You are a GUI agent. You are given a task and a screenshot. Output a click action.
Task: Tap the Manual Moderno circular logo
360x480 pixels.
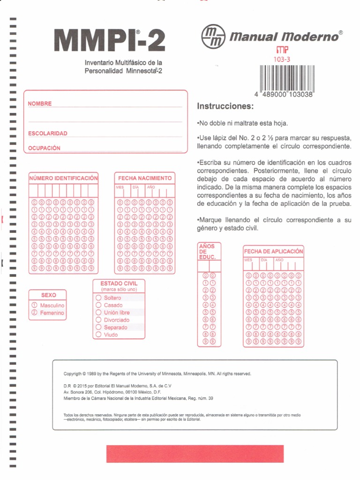[x=210, y=36]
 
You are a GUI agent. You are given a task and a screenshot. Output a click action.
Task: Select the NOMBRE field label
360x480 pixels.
[x=40, y=104]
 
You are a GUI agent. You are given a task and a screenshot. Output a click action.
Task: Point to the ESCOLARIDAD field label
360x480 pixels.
[x=47, y=134]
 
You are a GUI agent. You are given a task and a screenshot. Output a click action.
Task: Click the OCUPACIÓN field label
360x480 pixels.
[x=45, y=148]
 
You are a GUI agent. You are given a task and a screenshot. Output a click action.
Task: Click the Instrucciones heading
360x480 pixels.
[x=225, y=106]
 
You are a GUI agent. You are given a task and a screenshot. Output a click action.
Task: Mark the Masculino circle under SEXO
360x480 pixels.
[x=34, y=305]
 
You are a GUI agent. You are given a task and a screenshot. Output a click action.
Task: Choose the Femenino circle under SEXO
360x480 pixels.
[x=34, y=313]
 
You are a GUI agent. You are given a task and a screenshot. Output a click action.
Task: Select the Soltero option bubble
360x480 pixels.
[x=98, y=298]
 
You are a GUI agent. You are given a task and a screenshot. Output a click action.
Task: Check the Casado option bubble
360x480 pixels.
[x=98, y=305]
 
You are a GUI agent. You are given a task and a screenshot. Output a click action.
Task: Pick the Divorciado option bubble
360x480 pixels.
[x=98, y=320]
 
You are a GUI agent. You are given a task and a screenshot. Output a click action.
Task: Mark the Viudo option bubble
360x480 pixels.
[x=98, y=335]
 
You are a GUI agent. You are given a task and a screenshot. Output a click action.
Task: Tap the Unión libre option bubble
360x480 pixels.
[x=98, y=313]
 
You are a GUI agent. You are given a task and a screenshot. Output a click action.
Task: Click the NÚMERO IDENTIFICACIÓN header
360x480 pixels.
[x=63, y=178]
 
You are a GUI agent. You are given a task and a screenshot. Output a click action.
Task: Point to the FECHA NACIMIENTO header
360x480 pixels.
[x=145, y=178]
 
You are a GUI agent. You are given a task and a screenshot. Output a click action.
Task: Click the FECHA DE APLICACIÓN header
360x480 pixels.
[x=273, y=251]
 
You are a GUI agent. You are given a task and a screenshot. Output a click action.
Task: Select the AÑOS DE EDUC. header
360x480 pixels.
[x=207, y=252]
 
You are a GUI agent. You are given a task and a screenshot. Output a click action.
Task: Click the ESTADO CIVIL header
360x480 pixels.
[x=119, y=284]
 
